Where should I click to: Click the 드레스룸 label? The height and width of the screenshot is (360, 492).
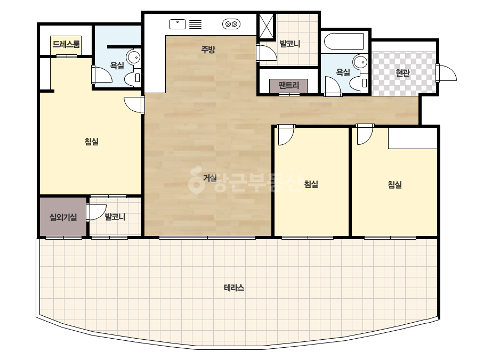(66, 44)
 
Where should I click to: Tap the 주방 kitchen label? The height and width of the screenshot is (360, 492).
(208, 49)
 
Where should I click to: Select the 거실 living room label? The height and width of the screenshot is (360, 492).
(210, 178)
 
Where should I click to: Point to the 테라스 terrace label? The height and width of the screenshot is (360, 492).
(234, 288)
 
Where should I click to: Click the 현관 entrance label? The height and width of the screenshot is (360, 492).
(402, 73)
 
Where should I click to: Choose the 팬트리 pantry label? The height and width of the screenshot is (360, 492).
(289, 85)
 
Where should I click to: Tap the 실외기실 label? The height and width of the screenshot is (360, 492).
(63, 217)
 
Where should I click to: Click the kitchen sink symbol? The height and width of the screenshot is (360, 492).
(178, 24)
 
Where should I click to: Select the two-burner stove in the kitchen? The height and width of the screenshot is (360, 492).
(231, 24)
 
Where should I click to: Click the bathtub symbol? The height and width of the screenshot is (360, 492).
(344, 42)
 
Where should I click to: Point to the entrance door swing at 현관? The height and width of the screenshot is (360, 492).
(447, 73)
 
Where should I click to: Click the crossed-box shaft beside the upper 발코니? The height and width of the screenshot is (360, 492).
(266, 26)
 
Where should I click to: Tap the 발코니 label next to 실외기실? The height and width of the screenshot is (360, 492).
(115, 216)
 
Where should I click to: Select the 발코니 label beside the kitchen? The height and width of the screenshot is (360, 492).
(290, 44)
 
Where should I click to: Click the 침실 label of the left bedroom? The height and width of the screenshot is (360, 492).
(92, 142)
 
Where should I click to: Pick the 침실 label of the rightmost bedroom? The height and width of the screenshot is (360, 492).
(395, 184)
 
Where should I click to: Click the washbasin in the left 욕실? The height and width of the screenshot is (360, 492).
(134, 58)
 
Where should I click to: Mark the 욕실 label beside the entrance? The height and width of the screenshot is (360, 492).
(343, 72)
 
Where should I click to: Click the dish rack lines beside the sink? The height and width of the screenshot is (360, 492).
(196, 24)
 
